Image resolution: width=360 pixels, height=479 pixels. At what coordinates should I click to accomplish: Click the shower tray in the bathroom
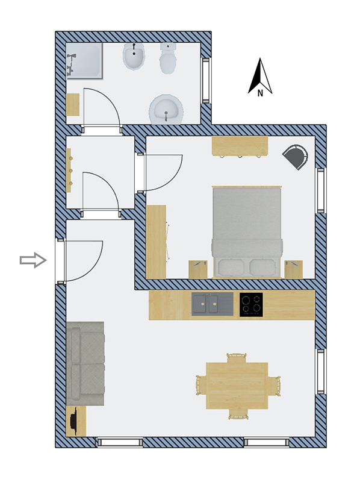point(84,61)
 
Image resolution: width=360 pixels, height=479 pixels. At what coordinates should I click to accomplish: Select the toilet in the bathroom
point(167,58)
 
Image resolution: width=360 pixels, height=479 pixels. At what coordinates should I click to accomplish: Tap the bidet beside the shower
point(134,57)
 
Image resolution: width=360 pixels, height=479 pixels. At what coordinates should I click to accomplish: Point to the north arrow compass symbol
point(260,76)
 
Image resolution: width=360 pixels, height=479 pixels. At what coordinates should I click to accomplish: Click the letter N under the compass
point(260,93)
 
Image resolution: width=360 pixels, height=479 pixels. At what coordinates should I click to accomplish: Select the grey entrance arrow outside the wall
point(33,260)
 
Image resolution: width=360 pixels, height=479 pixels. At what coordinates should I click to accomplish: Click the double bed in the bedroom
point(247,232)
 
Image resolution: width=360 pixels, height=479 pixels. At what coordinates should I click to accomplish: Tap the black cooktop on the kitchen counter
point(251,304)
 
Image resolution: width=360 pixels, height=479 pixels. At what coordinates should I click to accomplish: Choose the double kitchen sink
point(213,304)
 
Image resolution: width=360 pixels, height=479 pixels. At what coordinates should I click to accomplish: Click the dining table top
point(237,386)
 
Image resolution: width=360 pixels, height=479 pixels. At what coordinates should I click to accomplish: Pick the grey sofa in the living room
point(85,363)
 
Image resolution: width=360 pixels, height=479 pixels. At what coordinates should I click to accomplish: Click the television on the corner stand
point(73,421)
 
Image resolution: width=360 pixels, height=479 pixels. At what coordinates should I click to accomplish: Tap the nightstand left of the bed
point(198,269)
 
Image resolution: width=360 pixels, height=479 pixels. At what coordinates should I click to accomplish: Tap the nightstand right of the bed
point(293,269)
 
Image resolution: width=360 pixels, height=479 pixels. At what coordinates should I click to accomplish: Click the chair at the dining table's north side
point(237,358)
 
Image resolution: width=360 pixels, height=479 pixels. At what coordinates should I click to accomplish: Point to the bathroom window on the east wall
point(206,80)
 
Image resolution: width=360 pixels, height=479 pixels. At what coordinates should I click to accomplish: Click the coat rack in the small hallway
point(69,170)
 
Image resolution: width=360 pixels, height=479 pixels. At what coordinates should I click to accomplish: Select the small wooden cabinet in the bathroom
point(73,104)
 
